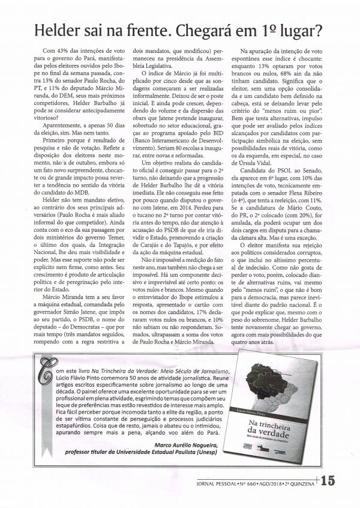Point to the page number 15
pos(332,482)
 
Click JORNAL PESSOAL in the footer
pos(221,482)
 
